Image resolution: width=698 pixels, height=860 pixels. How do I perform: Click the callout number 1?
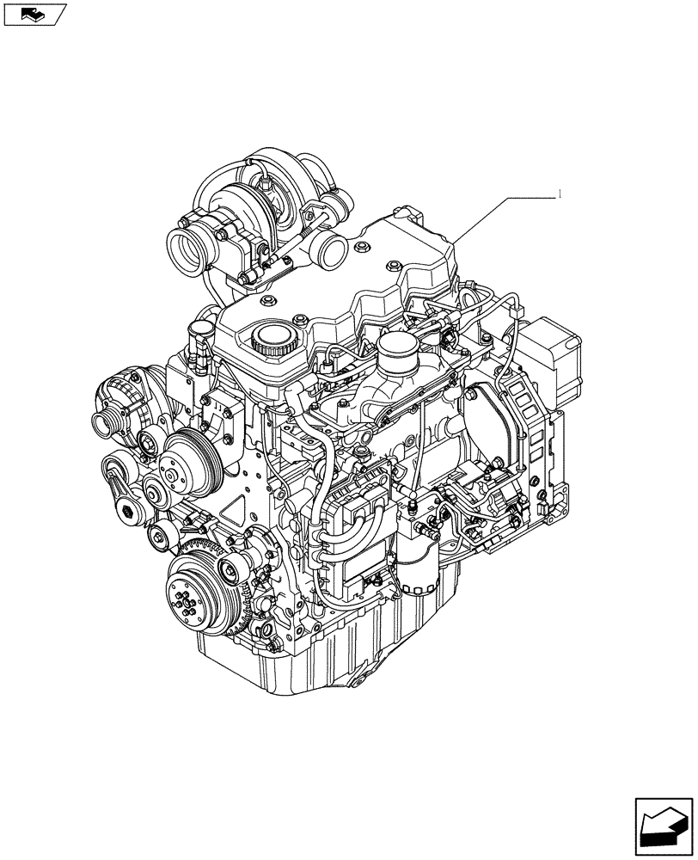point(560,194)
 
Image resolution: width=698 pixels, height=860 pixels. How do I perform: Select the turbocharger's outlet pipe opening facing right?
point(331,252)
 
